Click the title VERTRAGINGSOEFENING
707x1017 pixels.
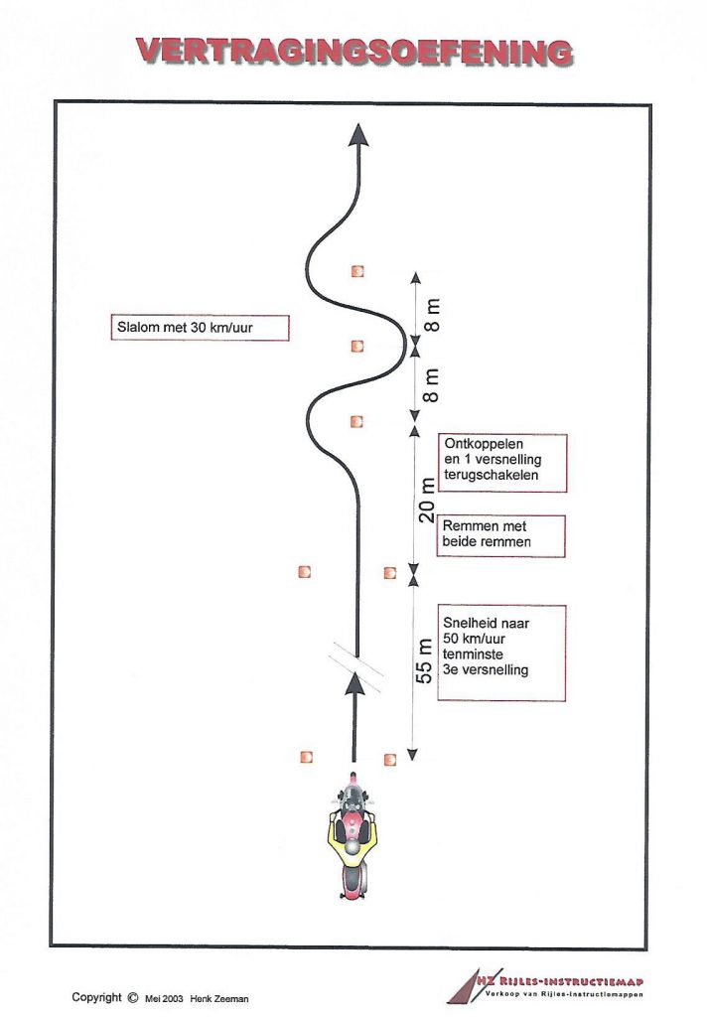(x=354, y=52)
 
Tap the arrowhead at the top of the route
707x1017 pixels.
(x=358, y=135)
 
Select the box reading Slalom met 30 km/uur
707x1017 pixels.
(x=200, y=328)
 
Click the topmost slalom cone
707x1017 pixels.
(x=357, y=271)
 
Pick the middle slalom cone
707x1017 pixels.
(x=357, y=347)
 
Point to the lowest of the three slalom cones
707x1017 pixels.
(x=356, y=421)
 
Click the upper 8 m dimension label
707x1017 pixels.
(x=432, y=315)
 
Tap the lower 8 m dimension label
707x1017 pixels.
(x=432, y=385)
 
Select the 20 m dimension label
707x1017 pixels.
(x=427, y=500)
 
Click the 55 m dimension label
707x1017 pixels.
(x=424, y=661)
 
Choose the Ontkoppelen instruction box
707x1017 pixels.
(x=502, y=463)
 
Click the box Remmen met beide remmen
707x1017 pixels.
(x=501, y=536)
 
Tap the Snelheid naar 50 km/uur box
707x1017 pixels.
(x=501, y=654)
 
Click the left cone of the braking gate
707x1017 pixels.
(x=304, y=572)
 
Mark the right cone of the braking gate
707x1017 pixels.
(x=390, y=573)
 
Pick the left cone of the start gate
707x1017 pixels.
(x=307, y=757)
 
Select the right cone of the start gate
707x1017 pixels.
(x=390, y=759)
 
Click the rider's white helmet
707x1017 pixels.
(x=353, y=849)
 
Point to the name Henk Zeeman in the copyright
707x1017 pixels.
(x=219, y=999)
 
